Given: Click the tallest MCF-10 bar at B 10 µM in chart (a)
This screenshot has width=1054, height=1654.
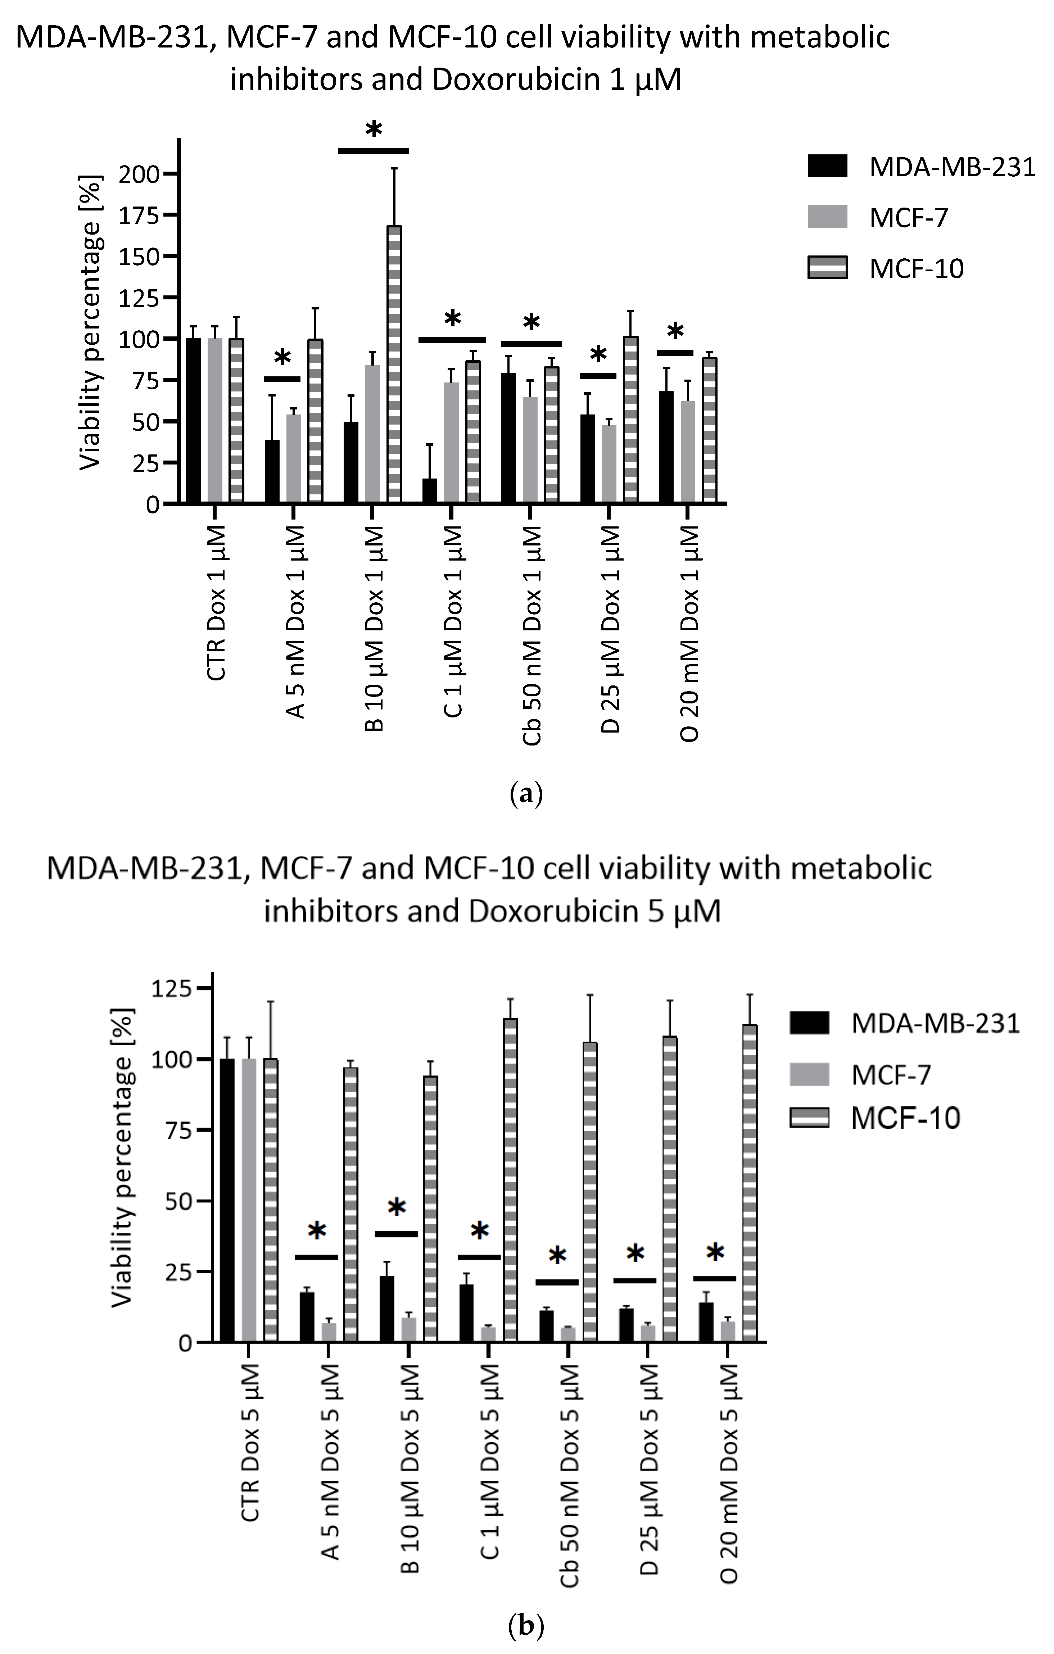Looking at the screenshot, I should pos(394,364).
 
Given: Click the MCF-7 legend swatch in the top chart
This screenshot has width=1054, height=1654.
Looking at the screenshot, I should pos(827,217).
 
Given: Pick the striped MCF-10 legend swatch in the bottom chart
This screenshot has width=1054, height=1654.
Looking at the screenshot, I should pos(809,1118).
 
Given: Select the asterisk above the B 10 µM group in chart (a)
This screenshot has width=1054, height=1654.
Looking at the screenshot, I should pos(373,130).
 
